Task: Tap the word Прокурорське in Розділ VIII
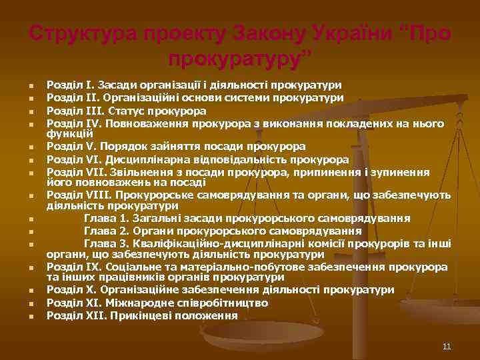tap(155, 195)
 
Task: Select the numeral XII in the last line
tap(87, 315)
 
